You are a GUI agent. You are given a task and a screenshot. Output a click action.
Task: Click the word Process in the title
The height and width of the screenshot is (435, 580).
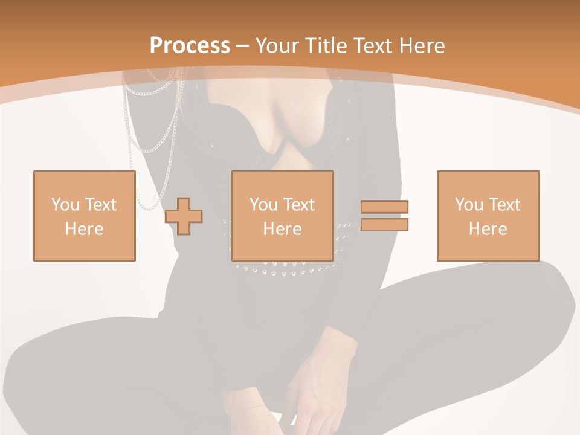click(x=190, y=45)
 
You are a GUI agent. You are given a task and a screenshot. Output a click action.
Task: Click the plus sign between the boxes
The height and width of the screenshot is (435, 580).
click(x=184, y=216)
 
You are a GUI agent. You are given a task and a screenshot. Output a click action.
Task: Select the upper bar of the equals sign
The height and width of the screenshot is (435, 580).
click(x=384, y=207)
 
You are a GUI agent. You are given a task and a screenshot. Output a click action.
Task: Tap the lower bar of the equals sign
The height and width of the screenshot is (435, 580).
click(x=384, y=224)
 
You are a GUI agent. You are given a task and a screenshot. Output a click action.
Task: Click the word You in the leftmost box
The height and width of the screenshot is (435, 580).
click(x=65, y=205)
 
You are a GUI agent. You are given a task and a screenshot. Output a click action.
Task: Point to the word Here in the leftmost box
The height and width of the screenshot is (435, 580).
click(x=85, y=229)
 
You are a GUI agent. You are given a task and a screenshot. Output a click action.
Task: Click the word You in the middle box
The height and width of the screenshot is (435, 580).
click(x=263, y=205)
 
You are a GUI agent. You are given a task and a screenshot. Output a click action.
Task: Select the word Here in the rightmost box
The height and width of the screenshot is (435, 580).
click(x=488, y=229)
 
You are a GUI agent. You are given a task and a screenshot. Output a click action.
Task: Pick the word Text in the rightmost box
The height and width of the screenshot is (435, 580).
click(x=504, y=205)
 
